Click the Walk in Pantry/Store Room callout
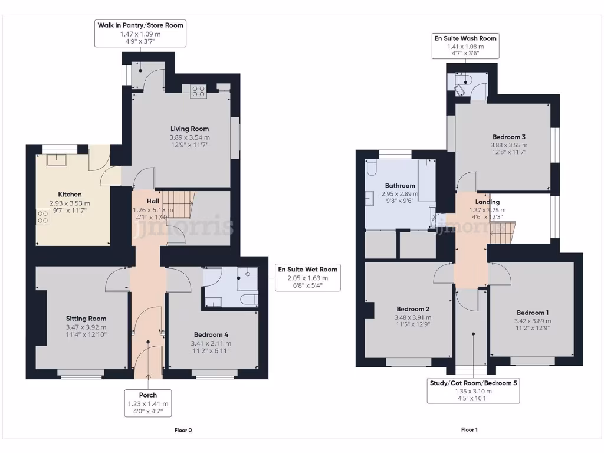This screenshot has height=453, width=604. (x=140, y=33)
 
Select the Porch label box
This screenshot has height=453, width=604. (x=148, y=404)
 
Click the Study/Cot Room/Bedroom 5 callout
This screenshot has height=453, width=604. (x=474, y=390)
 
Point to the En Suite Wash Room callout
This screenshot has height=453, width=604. (x=465, y=46)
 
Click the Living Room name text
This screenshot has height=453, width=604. (x=189, y=129)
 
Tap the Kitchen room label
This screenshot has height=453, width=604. (x=70, y=195)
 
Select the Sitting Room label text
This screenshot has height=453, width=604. (x=86, y=319)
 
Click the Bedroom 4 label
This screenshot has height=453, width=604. (x=210, y=334)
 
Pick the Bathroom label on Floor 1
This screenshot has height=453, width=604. (x=400, y=185)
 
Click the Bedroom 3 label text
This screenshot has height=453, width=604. (x=509, y=137)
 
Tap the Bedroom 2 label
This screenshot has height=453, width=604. (x=412, y=309)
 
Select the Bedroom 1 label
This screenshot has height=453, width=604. (x=533, y=313)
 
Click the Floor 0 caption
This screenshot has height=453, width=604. (x=183, y=430)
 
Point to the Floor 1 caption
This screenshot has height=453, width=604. (x=470, y=430)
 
